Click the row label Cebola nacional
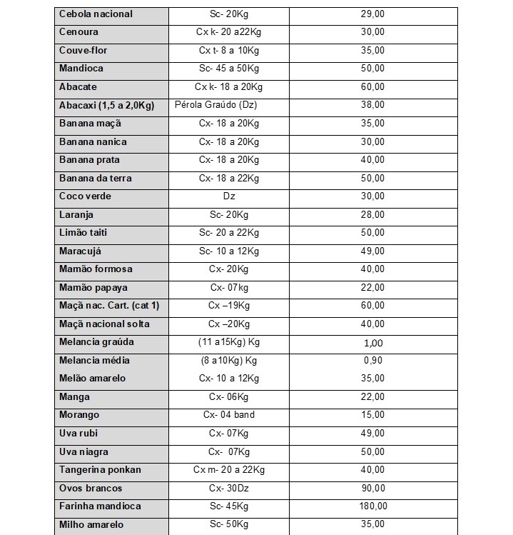click(x=96, y=14)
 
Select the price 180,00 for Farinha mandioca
click(x=373, y=506)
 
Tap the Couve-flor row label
click(x=83, y=51)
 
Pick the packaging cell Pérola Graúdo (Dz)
click(x=216, y=105)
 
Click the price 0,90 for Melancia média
click(x=373, y=361)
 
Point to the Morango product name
click(x=79, y=415)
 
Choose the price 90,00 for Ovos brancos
click(x=373, y=489)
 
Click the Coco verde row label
click(x=86, y=196)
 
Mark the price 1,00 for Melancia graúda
click(x=373, y=343)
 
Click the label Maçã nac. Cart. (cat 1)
click(x=109, y=306)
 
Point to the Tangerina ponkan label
click(x=101, y=470)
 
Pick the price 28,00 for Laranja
click(x=373, y=215)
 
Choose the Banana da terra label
click(x=96, y=179)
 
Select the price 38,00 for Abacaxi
click(x=373, y=105)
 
